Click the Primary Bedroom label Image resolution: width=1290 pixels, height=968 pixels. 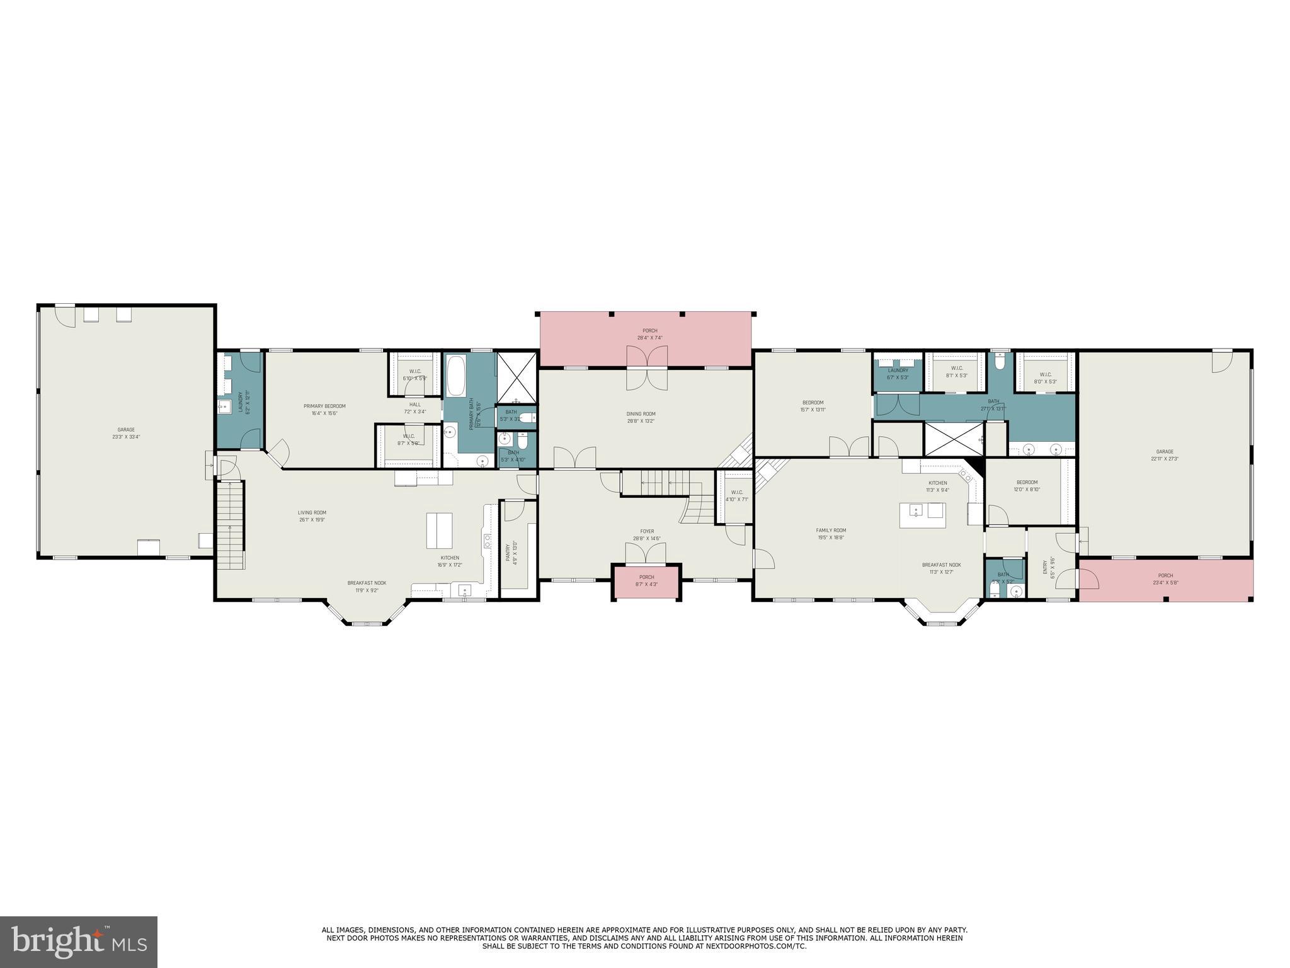(324, 406)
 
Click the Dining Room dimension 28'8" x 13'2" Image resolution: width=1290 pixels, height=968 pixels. (641, 421)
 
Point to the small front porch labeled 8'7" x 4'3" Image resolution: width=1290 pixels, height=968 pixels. (647, 580)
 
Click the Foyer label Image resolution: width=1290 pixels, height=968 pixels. (647, 531)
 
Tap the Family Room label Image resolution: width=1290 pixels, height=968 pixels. (831, 531)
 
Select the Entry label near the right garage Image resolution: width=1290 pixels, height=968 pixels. (1045, 567)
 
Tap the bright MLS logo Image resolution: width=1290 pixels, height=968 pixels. (79, 942)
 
